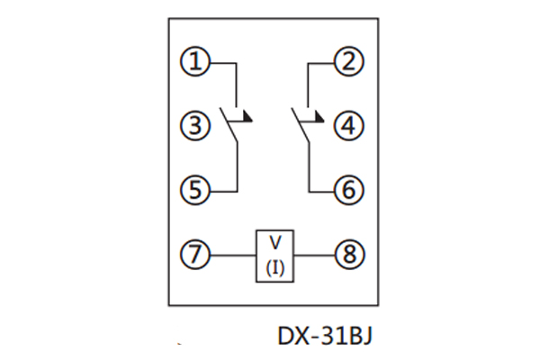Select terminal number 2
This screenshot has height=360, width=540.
click(x=347, y=63)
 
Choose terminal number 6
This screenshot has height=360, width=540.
click(x=347, y=189)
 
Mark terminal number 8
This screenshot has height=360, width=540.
click(x=347, y=255)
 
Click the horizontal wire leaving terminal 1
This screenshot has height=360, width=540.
click(x=221, y=63)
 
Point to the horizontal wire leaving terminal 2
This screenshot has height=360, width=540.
click(x=321, y=63)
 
